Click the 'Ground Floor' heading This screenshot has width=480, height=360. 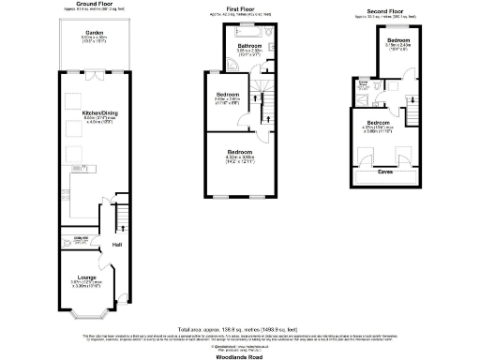click(x=93, y=5)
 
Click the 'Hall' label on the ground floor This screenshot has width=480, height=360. click(x=117, y=245)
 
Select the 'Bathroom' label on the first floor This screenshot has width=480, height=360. click(x=248, y=44)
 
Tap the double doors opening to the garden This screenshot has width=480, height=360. click(x=93, y=71)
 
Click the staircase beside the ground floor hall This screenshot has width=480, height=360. click(x=120, y=223)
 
